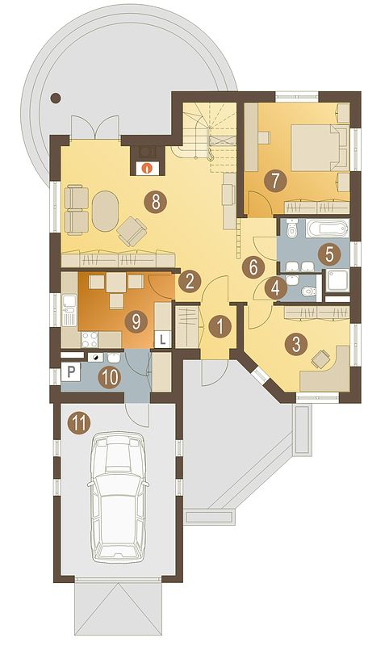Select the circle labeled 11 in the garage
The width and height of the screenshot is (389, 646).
click(x=78, y=422)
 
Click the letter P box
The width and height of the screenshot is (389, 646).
click(x=71, y=373)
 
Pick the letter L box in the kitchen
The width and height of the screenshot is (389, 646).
click(x=163, y=340)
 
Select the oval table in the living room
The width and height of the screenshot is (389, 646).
click(x=106, y=210)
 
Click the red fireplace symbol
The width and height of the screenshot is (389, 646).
click(x=147, y=168)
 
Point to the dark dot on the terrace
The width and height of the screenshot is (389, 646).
click(x=55, y=98)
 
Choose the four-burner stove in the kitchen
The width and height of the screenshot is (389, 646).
click(x=90, y=340)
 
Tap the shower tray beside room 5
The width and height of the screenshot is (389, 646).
click(x=337, y=281)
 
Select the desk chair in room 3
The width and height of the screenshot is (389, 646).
click(x=321, y=359)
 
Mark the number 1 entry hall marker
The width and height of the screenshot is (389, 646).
click(x=220, y=328)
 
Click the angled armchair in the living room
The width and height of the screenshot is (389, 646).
click(x=132, y=231)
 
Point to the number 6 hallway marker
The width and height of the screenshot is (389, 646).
click(x=253, y=267)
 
